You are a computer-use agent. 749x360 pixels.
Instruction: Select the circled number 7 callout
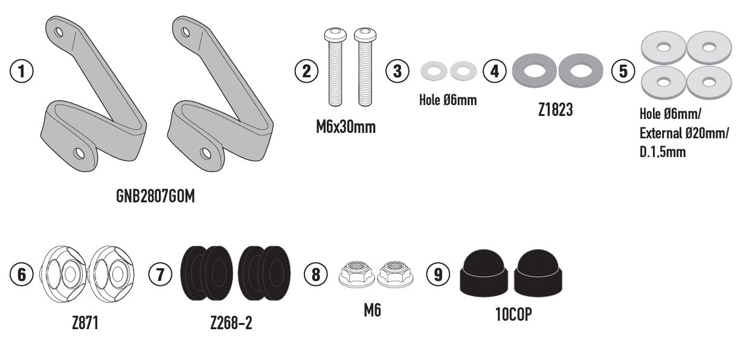[160, 274]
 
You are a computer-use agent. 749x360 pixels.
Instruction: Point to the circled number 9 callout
[438, 274]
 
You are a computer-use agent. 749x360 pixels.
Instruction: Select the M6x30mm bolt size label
[346, 128]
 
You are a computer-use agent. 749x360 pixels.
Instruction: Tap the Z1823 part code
[555, 111]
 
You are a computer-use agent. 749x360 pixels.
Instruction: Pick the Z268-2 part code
[231, 324]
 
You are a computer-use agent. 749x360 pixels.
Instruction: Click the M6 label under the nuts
[372, 310]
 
